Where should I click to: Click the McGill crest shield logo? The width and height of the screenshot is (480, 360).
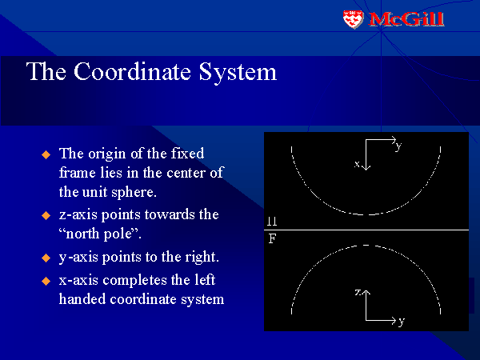[353, 19]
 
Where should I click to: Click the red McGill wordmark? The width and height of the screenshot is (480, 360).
[406, 19]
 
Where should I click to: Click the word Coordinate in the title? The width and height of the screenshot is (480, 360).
[132, 72]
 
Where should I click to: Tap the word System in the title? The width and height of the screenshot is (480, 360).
[238, 73]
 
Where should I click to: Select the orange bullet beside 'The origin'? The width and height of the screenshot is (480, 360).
[46, 154]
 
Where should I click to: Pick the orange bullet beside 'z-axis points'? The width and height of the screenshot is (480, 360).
[46, 215]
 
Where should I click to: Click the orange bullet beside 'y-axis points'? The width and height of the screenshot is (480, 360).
[46, 258]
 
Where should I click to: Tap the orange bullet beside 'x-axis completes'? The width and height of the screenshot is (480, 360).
[46, 281]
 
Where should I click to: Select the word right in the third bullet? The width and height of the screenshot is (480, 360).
[202, 257]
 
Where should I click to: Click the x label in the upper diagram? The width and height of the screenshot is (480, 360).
[357, 164]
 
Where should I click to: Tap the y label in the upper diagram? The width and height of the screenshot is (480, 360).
[398, 146]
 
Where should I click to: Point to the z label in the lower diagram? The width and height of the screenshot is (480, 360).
[358, 292]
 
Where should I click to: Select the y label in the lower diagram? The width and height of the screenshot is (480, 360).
[402, 322]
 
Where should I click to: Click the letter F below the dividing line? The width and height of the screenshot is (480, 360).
[272, 238]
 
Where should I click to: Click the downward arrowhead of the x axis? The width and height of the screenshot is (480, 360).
[366, 167]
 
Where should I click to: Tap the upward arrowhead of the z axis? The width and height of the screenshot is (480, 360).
[366, 292]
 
